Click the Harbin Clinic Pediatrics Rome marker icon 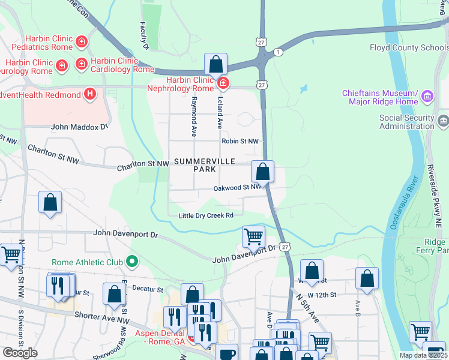(x=82, y=43)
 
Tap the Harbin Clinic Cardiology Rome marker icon (x=82, y=63)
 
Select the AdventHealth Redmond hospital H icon (x=90, y=94)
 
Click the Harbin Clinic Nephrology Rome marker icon (x=223, y=82)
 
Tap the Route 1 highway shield (x=278, y=53)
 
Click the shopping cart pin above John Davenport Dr (x=253, y=236)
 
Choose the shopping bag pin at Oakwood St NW (x=262, y=172)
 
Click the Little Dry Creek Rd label (x=206, y=216)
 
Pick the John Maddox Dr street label (x=79, y=127)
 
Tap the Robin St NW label (x=240, y=142)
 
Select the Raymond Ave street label (x=194, y=118)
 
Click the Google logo (x=20, y=353)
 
